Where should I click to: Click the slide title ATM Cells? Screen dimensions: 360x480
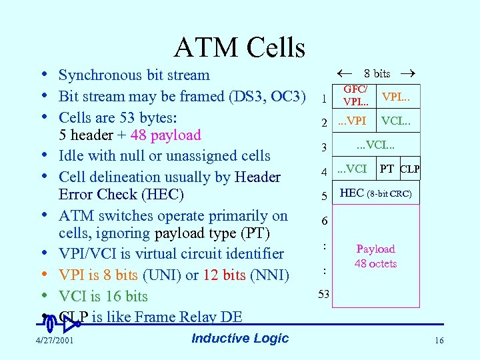tap(239, 47)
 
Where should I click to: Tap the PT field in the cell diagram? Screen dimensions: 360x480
tap(387, 169)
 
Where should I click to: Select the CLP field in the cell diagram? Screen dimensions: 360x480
tap(409, 169)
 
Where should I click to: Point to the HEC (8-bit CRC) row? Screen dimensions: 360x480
tap(376, 194)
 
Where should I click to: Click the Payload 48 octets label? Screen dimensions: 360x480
tap(376, 256)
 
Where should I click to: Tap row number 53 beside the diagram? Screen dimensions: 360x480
tap(323, 295)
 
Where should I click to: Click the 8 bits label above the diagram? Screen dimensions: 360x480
tap(377, 73)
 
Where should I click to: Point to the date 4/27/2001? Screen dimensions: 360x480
tap(55, 341)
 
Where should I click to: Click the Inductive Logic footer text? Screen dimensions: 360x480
tap(240, 338)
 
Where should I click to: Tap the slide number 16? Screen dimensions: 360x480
tap(438, 341)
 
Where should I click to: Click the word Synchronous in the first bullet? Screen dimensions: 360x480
tap(100, 75)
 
